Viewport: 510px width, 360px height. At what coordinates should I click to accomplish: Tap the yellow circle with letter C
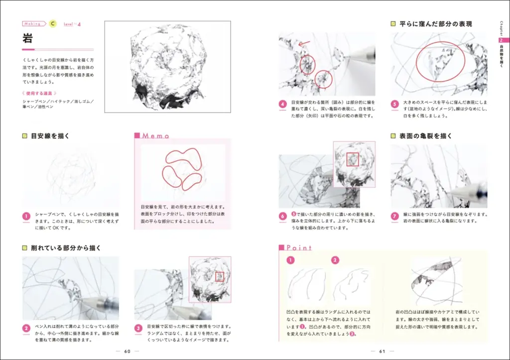[x=53, y=23]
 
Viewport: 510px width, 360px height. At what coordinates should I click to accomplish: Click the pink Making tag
[x=33, y=23]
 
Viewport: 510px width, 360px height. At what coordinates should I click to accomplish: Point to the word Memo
[x=156, y=135]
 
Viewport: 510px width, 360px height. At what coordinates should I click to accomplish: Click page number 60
[x=127, y=351]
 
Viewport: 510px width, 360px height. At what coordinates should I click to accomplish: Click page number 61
[x=382, y=351]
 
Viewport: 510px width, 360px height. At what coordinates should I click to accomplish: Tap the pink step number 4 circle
[x=282, y=105]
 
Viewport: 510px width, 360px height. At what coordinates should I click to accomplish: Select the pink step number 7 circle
[x=395, y=217]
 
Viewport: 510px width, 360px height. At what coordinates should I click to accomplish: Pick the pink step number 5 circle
[x=395, y=105]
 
